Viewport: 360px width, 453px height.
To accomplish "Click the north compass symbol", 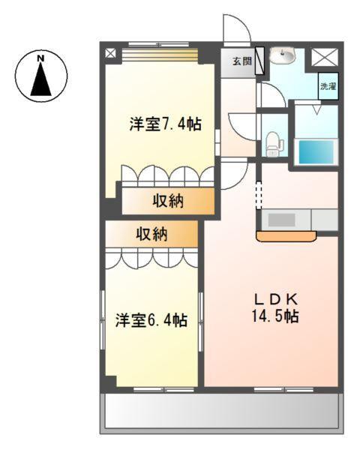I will point(42,76).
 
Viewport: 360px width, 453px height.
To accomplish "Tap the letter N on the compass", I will point(42,58).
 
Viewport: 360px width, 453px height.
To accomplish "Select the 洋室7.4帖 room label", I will point(164,124).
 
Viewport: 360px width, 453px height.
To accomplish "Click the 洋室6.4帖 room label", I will point(151,320).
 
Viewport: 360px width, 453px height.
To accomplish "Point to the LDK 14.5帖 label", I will point(274,305).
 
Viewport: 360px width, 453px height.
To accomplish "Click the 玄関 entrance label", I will point(241,61).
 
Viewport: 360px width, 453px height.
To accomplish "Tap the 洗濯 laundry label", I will point(328,86).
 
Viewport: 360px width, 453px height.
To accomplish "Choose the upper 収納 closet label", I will point(170,200).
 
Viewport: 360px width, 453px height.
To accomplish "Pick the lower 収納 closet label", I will point(151,234).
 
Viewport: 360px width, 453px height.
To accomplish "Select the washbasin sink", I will point(284,56).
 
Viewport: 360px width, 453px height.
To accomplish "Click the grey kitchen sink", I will point(282,220).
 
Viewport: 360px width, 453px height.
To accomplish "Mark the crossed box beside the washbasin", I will point(324,56).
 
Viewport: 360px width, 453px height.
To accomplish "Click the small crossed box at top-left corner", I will point(111,54).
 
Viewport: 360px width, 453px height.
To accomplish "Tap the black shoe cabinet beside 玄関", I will point(260,60).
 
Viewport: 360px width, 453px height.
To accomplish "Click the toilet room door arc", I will point(242,124).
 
